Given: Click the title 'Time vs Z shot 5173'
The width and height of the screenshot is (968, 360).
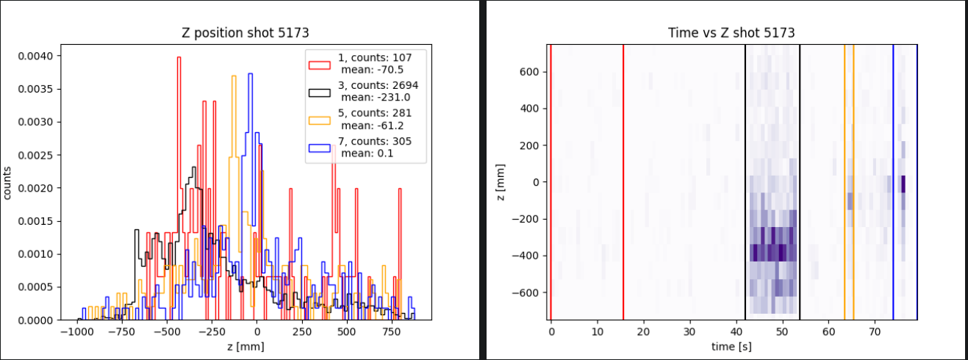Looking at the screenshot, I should (731, 33).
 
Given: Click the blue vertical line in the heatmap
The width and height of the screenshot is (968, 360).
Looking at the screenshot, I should (893, 184).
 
